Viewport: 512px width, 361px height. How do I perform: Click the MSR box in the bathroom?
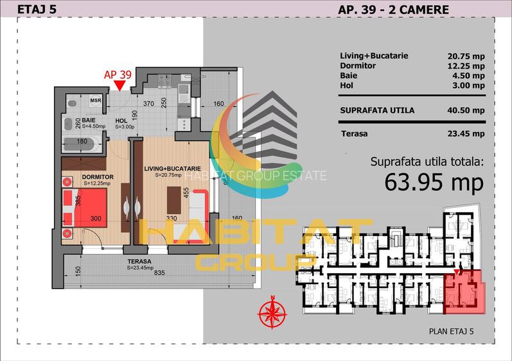coord(95,101)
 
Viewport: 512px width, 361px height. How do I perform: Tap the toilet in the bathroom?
coord(72,103)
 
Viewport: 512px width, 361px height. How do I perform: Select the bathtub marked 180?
coord(82,141)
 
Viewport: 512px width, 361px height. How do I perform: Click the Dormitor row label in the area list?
coord(358,66)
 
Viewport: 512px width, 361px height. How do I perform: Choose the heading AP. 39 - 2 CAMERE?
coord(393,9)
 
